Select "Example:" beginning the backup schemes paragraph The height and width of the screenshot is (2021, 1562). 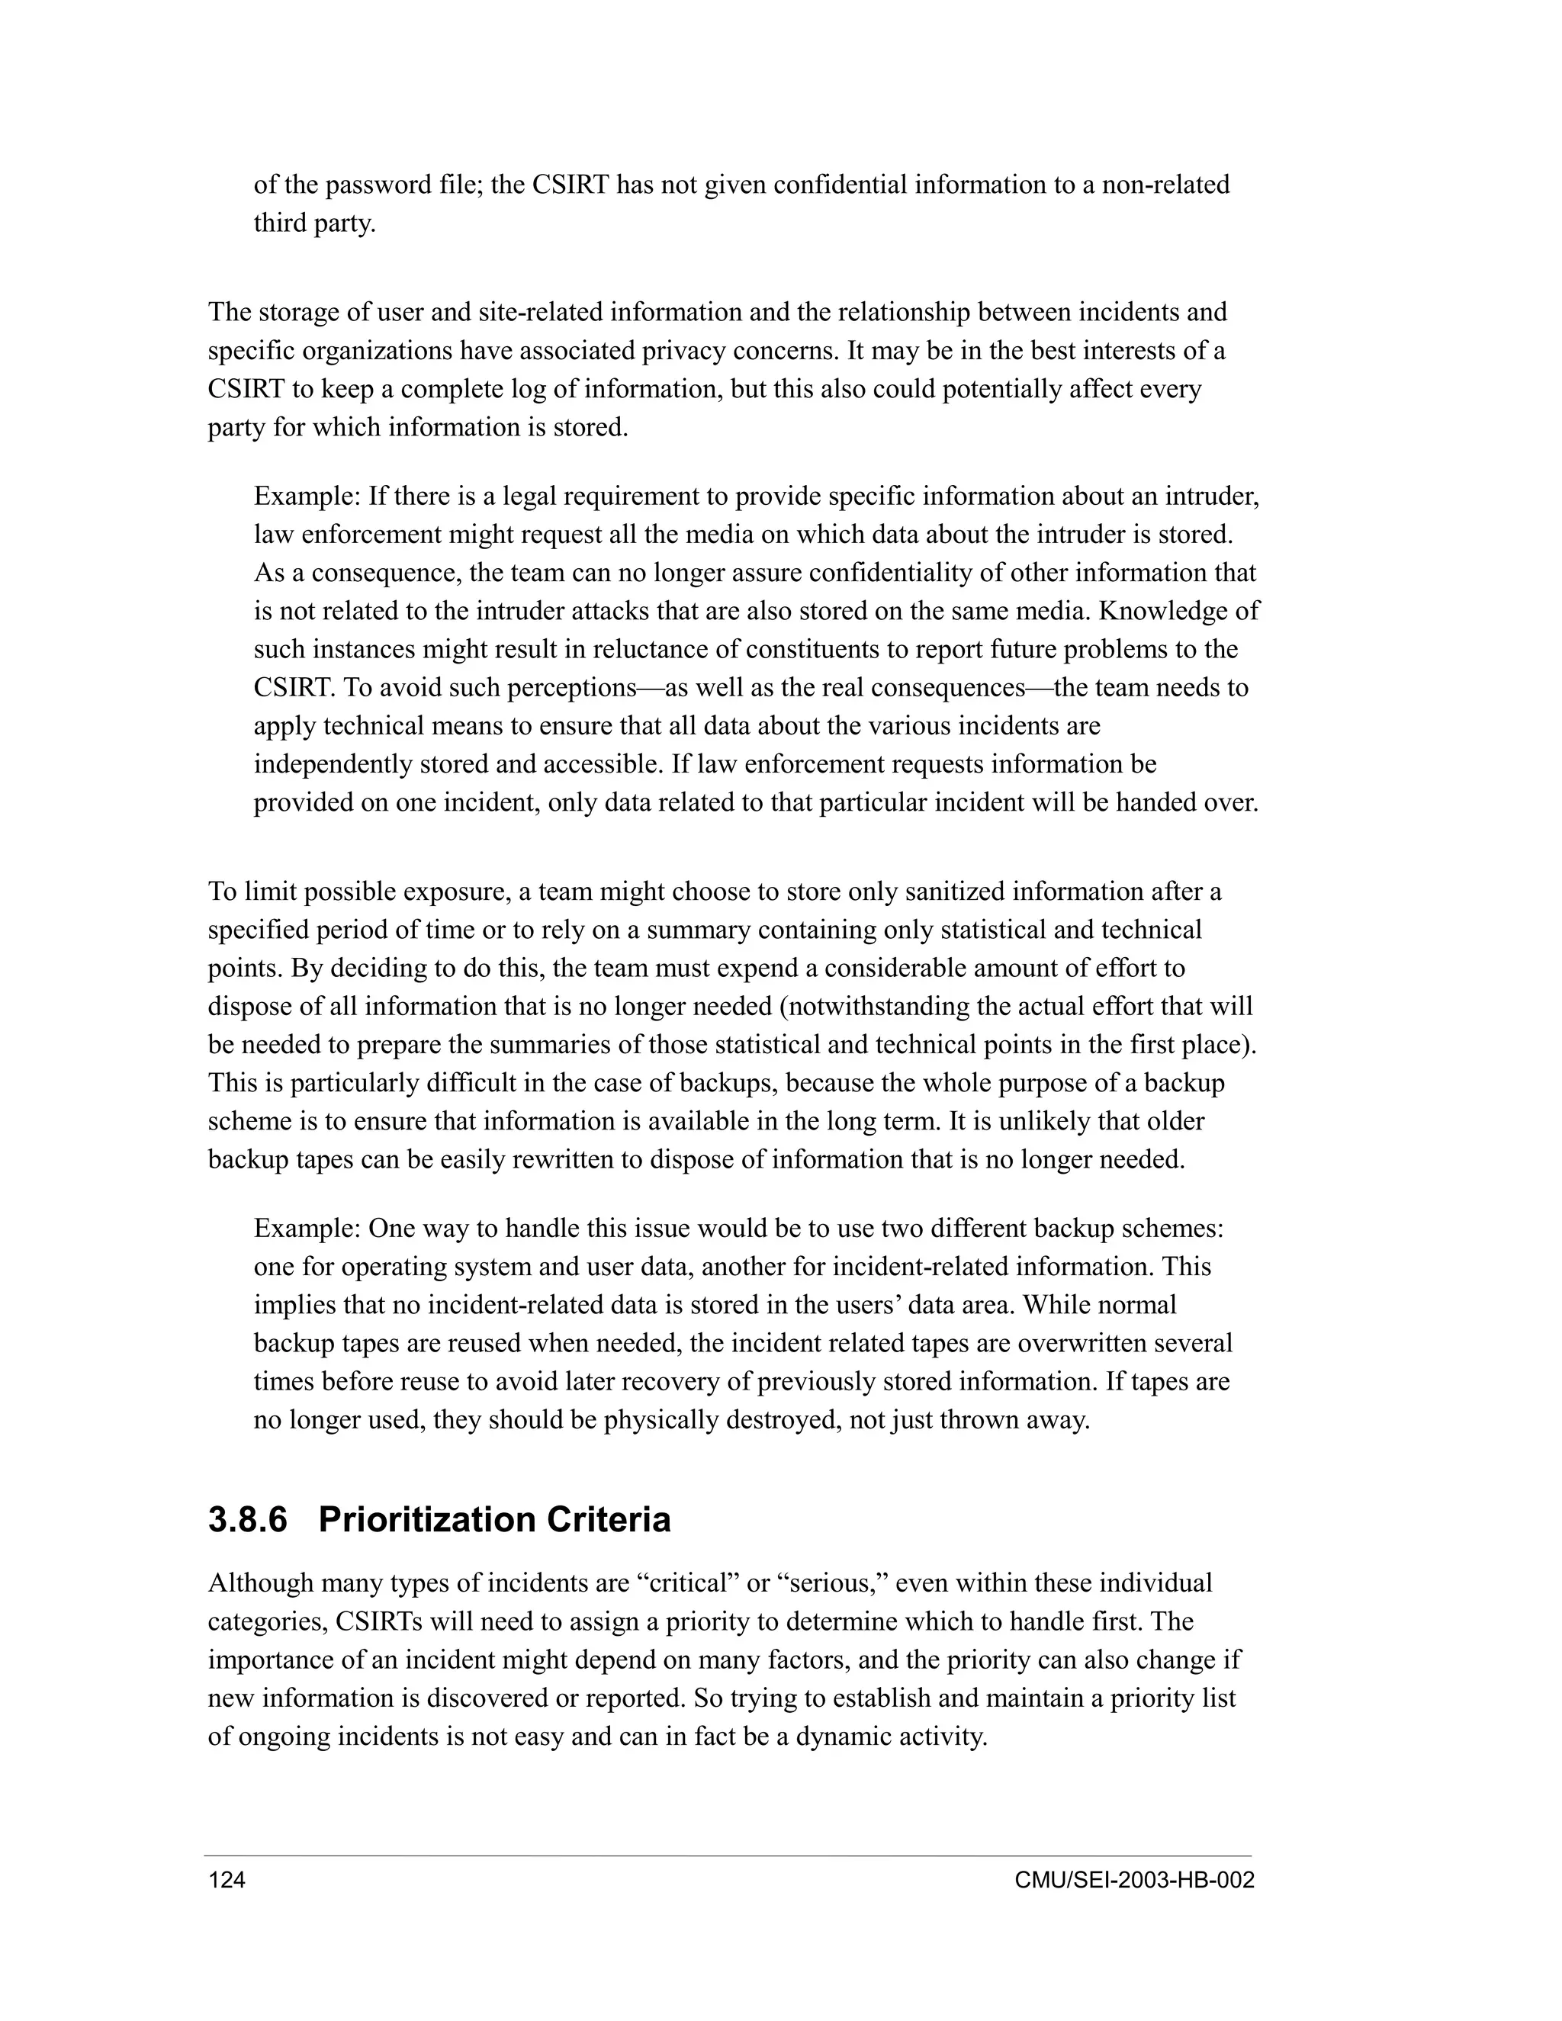[x=307, y=1229]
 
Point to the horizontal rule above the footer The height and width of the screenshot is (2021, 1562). [x=728, y=1856]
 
